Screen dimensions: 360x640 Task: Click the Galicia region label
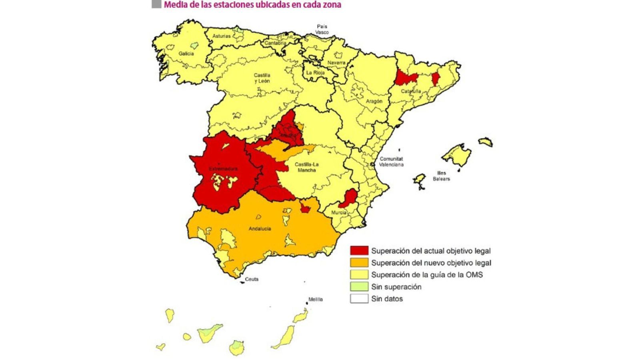186,54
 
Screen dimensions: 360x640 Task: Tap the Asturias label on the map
221,36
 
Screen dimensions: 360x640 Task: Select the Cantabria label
275,43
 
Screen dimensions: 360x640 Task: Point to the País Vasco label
322,29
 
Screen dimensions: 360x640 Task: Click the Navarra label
336,63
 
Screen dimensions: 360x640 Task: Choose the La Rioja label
315,73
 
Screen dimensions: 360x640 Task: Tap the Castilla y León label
262,78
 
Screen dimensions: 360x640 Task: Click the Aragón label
374,101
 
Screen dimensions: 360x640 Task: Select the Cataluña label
411,91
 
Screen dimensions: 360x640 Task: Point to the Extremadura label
223,169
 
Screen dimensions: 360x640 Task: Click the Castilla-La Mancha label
306,167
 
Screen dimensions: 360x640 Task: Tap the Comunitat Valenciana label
391,162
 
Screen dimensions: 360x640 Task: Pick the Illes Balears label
441,176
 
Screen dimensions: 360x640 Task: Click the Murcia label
338,212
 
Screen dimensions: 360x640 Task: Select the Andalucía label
260,229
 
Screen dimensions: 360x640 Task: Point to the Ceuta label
252,279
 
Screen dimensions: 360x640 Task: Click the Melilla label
315,299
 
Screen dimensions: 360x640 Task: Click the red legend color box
359,251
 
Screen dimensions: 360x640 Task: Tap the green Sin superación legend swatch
359,287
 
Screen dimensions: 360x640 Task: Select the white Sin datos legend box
359,299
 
